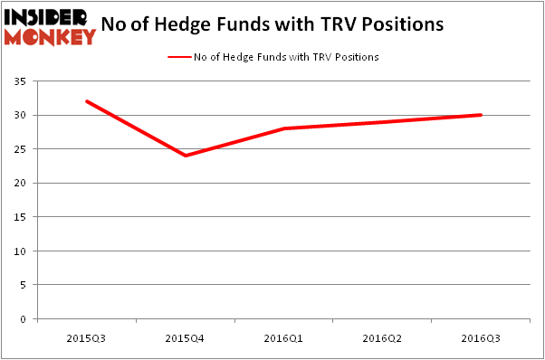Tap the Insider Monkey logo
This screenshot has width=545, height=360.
[50, 26]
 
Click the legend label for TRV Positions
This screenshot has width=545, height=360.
[286, 57]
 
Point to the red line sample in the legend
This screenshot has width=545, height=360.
[178, 57]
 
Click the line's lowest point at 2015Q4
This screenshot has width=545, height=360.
[185, 156]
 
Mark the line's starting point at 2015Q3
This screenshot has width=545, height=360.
[86, 101]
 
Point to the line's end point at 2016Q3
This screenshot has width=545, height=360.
[481, 115]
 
